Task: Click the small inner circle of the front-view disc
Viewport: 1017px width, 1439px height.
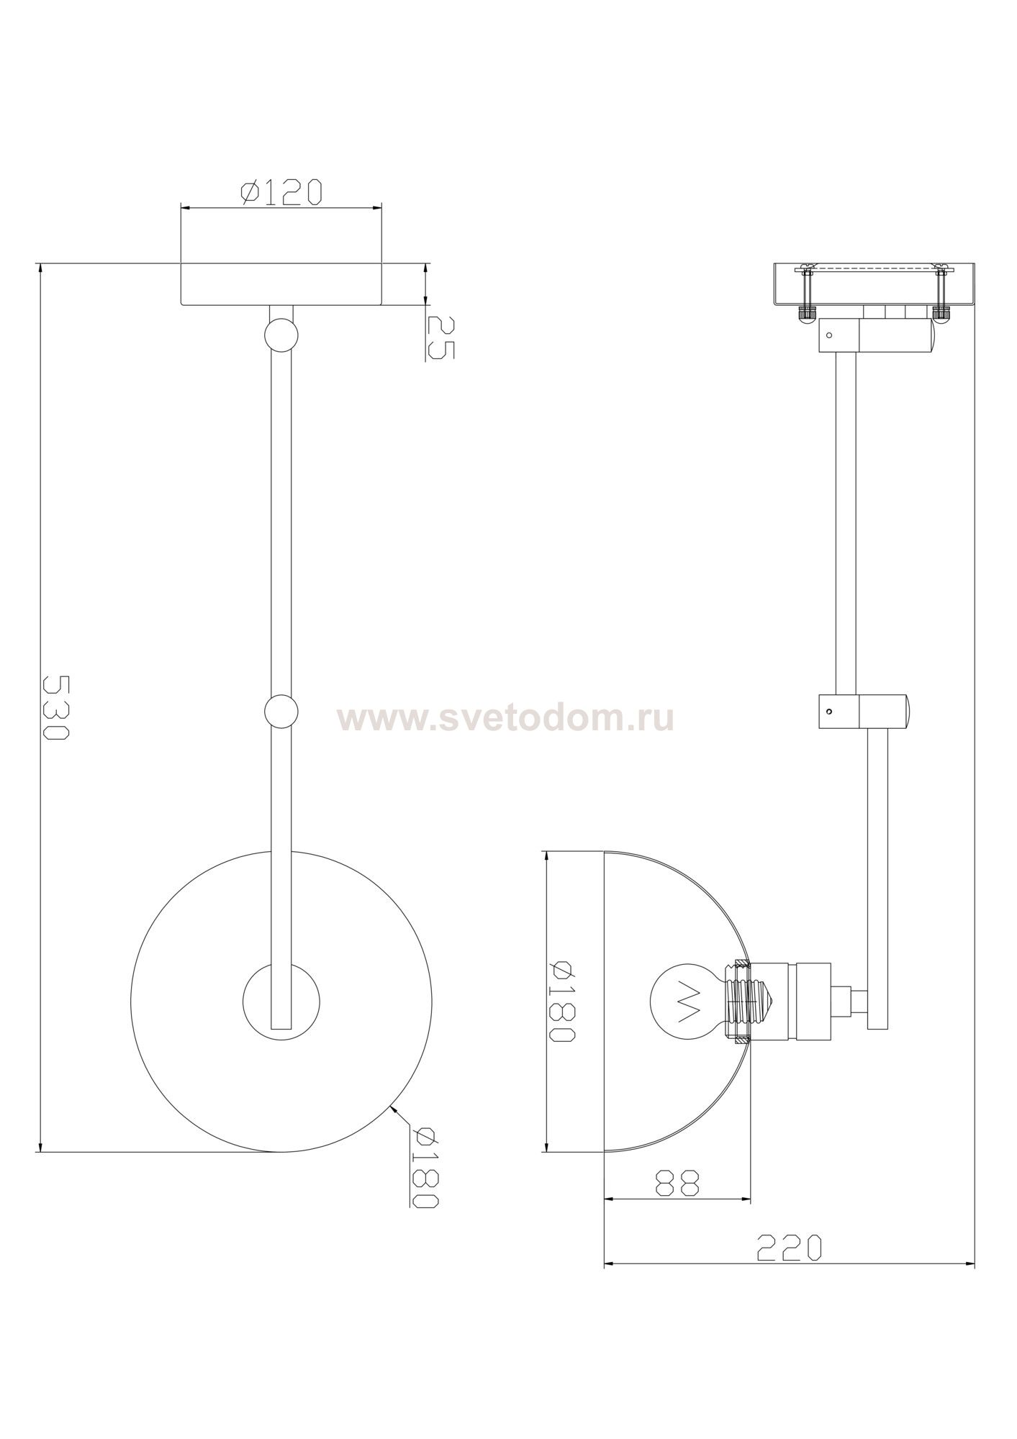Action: click(281, 1001)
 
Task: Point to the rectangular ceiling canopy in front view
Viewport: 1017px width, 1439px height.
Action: click(281, 284)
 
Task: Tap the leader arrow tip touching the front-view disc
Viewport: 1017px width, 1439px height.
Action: click(391, 1126)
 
